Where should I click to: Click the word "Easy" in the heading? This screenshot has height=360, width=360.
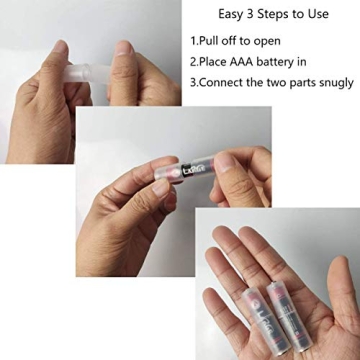click(231, 16)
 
